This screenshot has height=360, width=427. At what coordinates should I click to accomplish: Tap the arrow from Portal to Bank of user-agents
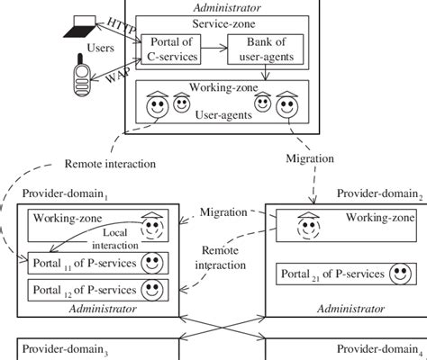tap(213, 51)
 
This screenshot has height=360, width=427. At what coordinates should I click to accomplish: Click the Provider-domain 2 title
tap(378, 195)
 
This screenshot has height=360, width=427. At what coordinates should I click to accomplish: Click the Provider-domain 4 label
tap(378, 348)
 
